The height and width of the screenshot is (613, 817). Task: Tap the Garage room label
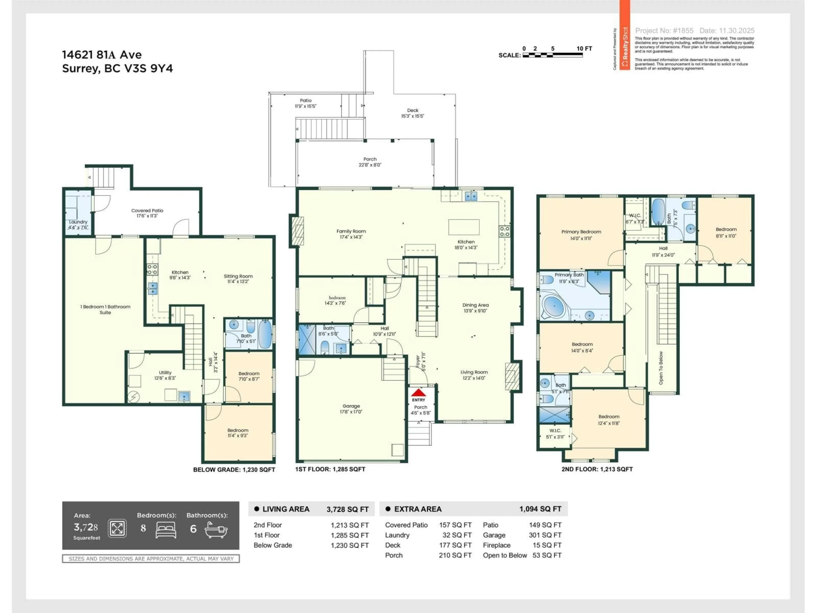coord(351,406)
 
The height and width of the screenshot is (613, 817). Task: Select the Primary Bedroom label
coord(581,232)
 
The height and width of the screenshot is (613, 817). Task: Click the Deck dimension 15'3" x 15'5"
coord(413,116)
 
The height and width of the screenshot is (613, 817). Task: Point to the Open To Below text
coord(661,368)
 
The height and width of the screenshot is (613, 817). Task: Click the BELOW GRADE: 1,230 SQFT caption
coord(234,470)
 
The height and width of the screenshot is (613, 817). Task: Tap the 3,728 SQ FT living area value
coord(347,509)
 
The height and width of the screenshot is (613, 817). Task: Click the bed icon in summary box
coord(166,530)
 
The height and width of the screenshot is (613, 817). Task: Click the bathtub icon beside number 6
coord(216,530)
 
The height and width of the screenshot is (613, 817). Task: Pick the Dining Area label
coord(475,305)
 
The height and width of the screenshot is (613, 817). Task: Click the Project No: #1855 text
coord(664,31)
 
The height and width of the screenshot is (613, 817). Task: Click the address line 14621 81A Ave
coord(102,55)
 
